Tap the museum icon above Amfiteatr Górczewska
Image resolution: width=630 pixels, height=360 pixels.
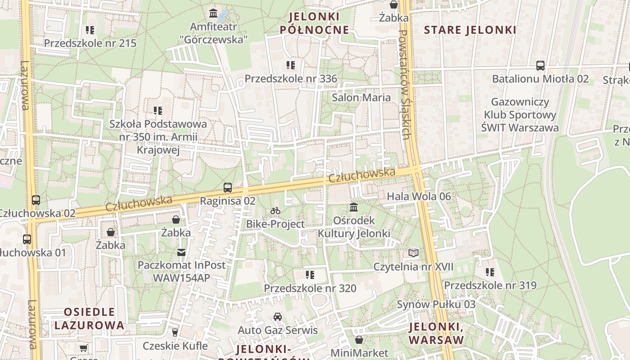(213, 12)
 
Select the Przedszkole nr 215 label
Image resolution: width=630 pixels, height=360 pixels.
(90, 43)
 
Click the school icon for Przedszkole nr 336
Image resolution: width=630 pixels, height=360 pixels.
(291, 65)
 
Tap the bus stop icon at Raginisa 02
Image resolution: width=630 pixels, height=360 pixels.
(228, 188)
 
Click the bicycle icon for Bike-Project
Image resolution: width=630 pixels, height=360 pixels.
(275, 211)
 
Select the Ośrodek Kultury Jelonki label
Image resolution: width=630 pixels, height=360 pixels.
(354, 227)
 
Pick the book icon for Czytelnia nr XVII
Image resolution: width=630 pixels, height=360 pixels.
(414, 253)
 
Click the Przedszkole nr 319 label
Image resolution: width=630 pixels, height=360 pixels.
(490, 285)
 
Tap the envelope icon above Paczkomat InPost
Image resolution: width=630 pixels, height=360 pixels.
(181, 252)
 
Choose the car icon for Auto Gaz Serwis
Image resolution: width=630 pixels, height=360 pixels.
(278, 317)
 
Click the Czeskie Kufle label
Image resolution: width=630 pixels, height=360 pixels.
(175, 346)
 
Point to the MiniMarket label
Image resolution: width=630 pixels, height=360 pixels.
(359, 352)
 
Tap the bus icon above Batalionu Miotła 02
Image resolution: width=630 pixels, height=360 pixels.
(540, 66)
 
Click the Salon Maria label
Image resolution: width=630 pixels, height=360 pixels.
(361, 97)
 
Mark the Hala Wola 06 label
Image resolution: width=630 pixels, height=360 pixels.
(418, 196)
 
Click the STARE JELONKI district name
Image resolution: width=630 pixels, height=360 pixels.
(470, 30)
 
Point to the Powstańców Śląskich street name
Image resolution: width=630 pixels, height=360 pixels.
(404, 84)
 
